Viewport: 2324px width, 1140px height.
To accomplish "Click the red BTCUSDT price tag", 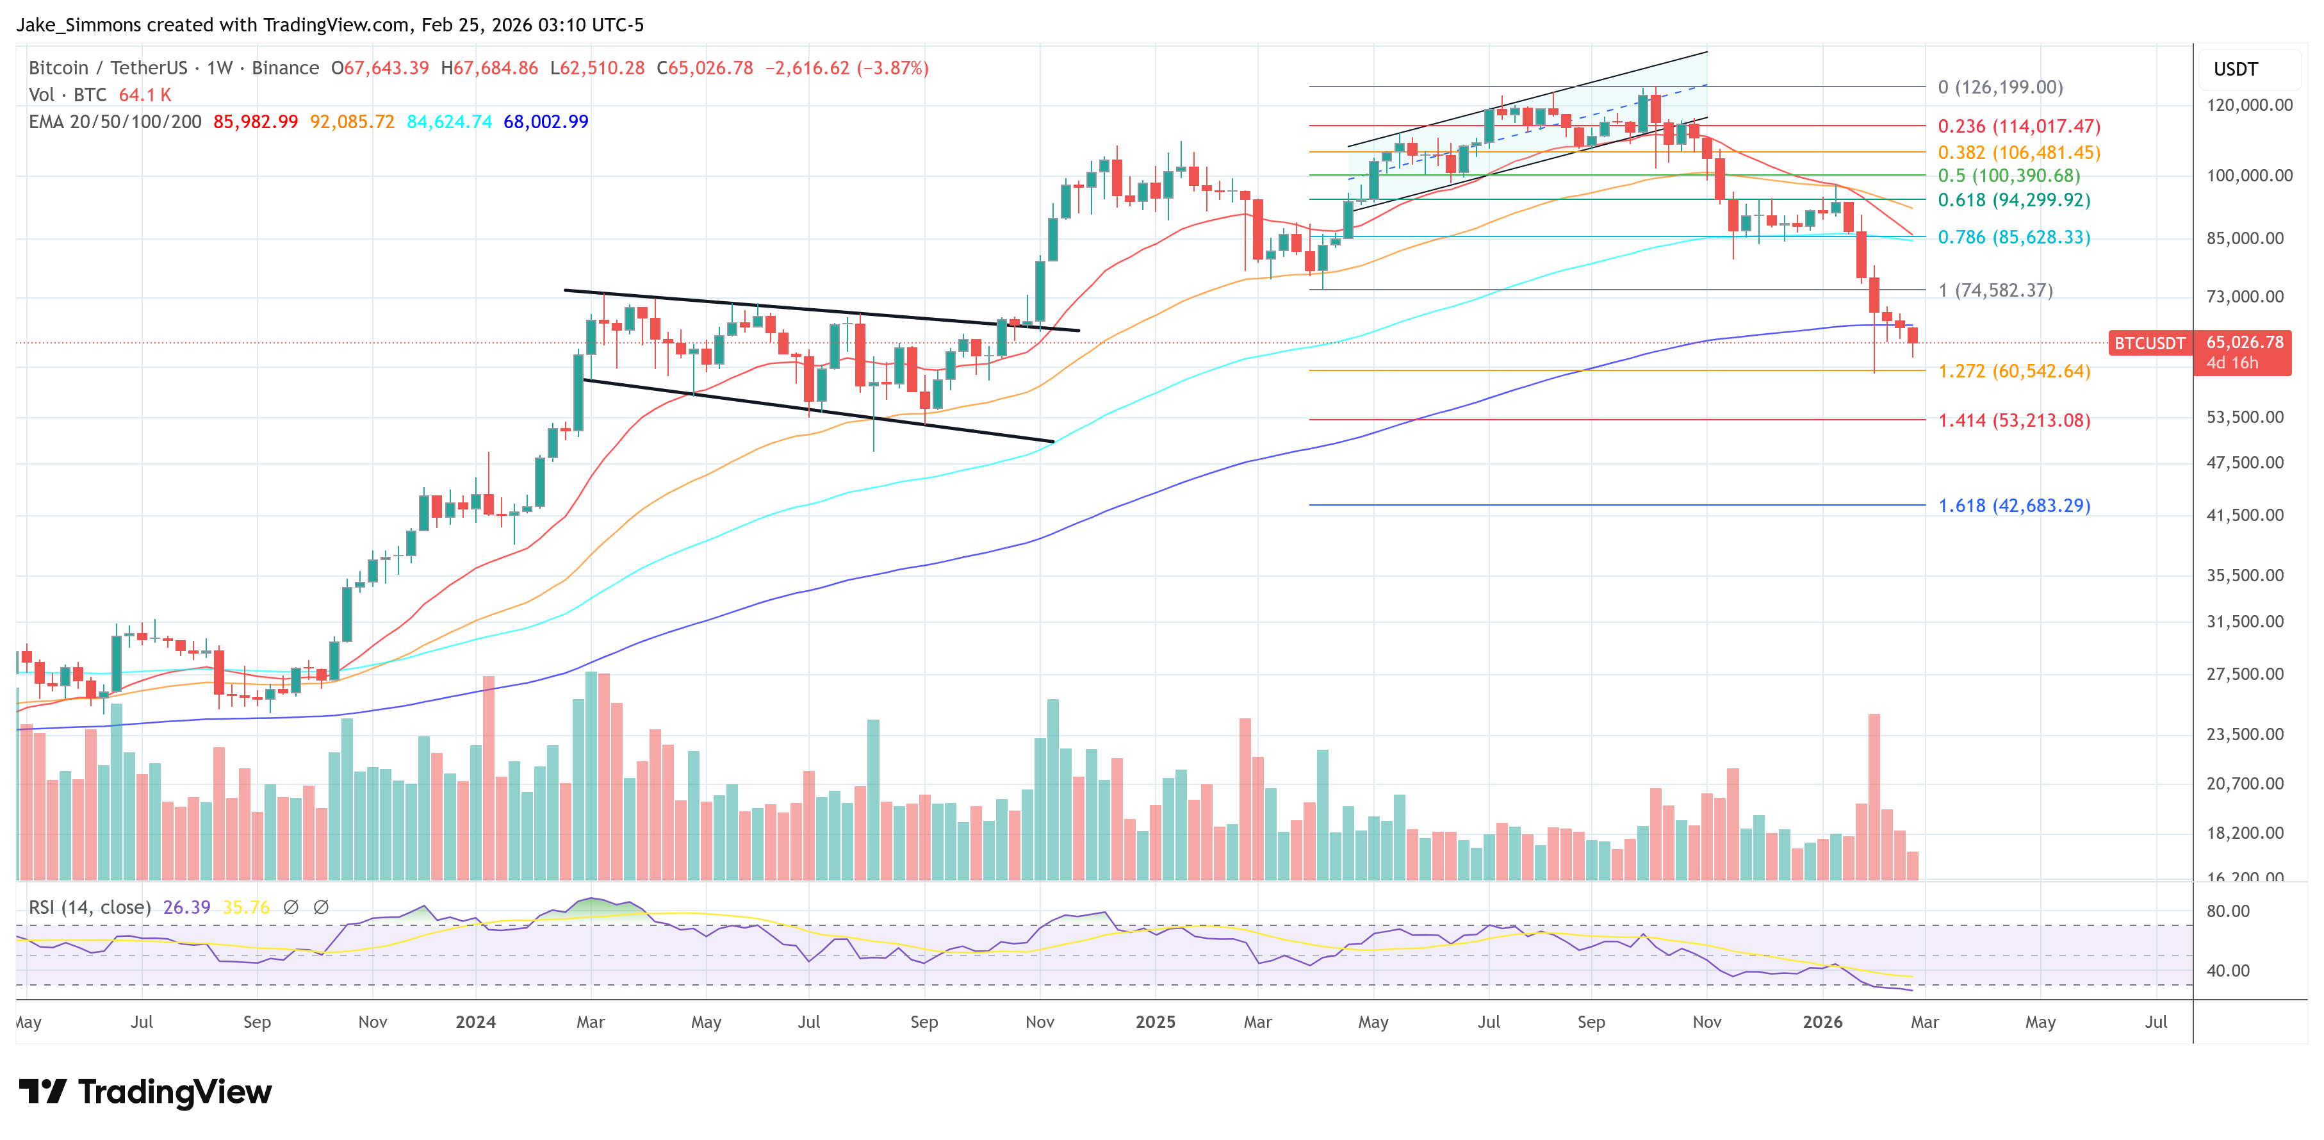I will [x=2149, y=343].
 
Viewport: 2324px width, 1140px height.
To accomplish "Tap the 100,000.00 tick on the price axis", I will [x=2248, y=175].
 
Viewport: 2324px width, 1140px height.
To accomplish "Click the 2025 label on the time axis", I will [x=1155, y=1021].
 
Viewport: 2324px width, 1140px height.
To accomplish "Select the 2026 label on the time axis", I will [x=1822, y=1021].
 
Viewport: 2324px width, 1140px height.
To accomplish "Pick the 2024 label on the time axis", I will [x=475, y=1021].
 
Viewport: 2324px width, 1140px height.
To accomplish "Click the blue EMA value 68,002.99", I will [x=546, y=122].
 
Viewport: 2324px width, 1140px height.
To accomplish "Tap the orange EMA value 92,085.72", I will [x=352, y=122].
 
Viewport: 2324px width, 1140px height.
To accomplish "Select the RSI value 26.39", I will [x=187, y=907].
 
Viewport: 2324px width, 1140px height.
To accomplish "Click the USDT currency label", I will [x=2235, y=69].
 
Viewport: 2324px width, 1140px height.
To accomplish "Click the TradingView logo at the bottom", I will [x=146, y=1092].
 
